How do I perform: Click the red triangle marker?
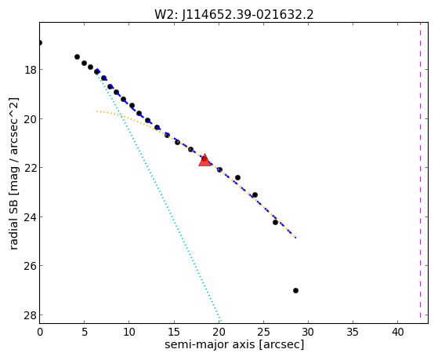click(x=205, y=160)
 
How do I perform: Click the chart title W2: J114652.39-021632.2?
click(x=234, y=15)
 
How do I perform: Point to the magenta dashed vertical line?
click(x=420, y=170)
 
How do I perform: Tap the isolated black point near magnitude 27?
click(x=295, y=291)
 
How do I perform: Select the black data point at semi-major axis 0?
click(x=40, y=43)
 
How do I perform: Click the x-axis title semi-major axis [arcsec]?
click(x=234, y=344)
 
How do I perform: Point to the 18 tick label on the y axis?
click(x=31, y=70)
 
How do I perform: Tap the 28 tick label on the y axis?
click(x=31, y=315)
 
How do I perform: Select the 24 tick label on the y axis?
click(x=31, y=217)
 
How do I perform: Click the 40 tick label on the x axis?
click(x=397, y=332)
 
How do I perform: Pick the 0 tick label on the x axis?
click(x=40, y=332)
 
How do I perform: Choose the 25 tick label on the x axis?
click(x=263, y=332)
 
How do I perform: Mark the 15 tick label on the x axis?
click(x=174, y=332)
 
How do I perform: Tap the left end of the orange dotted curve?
click(x=97, y=111)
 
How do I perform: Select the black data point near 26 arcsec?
click(x=275, y=223)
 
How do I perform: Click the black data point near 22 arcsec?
click(x=237, y=177)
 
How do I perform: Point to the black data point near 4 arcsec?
click(x=77, y=56)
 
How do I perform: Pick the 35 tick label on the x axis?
click(x=353, y=332)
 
